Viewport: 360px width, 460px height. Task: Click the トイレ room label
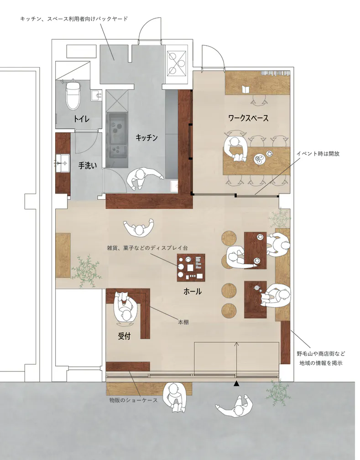tap(81, 119)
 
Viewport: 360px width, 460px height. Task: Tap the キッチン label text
tap(147, 138)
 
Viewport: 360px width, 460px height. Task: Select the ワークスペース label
tap(248, 118)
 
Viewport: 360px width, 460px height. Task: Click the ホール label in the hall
tap(193, 291)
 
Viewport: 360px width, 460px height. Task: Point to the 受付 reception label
tap(124, 336)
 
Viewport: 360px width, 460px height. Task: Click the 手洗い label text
tap(88, 166)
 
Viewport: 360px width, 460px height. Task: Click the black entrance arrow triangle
tap(236, 383)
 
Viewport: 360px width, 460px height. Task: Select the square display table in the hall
tap(191, 267)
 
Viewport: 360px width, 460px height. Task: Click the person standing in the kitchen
tap(144, 178)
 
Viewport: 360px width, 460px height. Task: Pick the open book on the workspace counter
tap(246, 89)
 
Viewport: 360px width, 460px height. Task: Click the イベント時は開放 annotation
tap(318, 153)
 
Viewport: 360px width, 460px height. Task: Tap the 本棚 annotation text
tap(183, 322)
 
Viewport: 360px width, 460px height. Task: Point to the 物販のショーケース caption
tap(134, 400)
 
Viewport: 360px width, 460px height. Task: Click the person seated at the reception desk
tap(125, 308)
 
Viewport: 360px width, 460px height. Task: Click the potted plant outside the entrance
tap(277, 393)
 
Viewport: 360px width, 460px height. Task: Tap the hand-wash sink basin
tap(63, 163)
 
